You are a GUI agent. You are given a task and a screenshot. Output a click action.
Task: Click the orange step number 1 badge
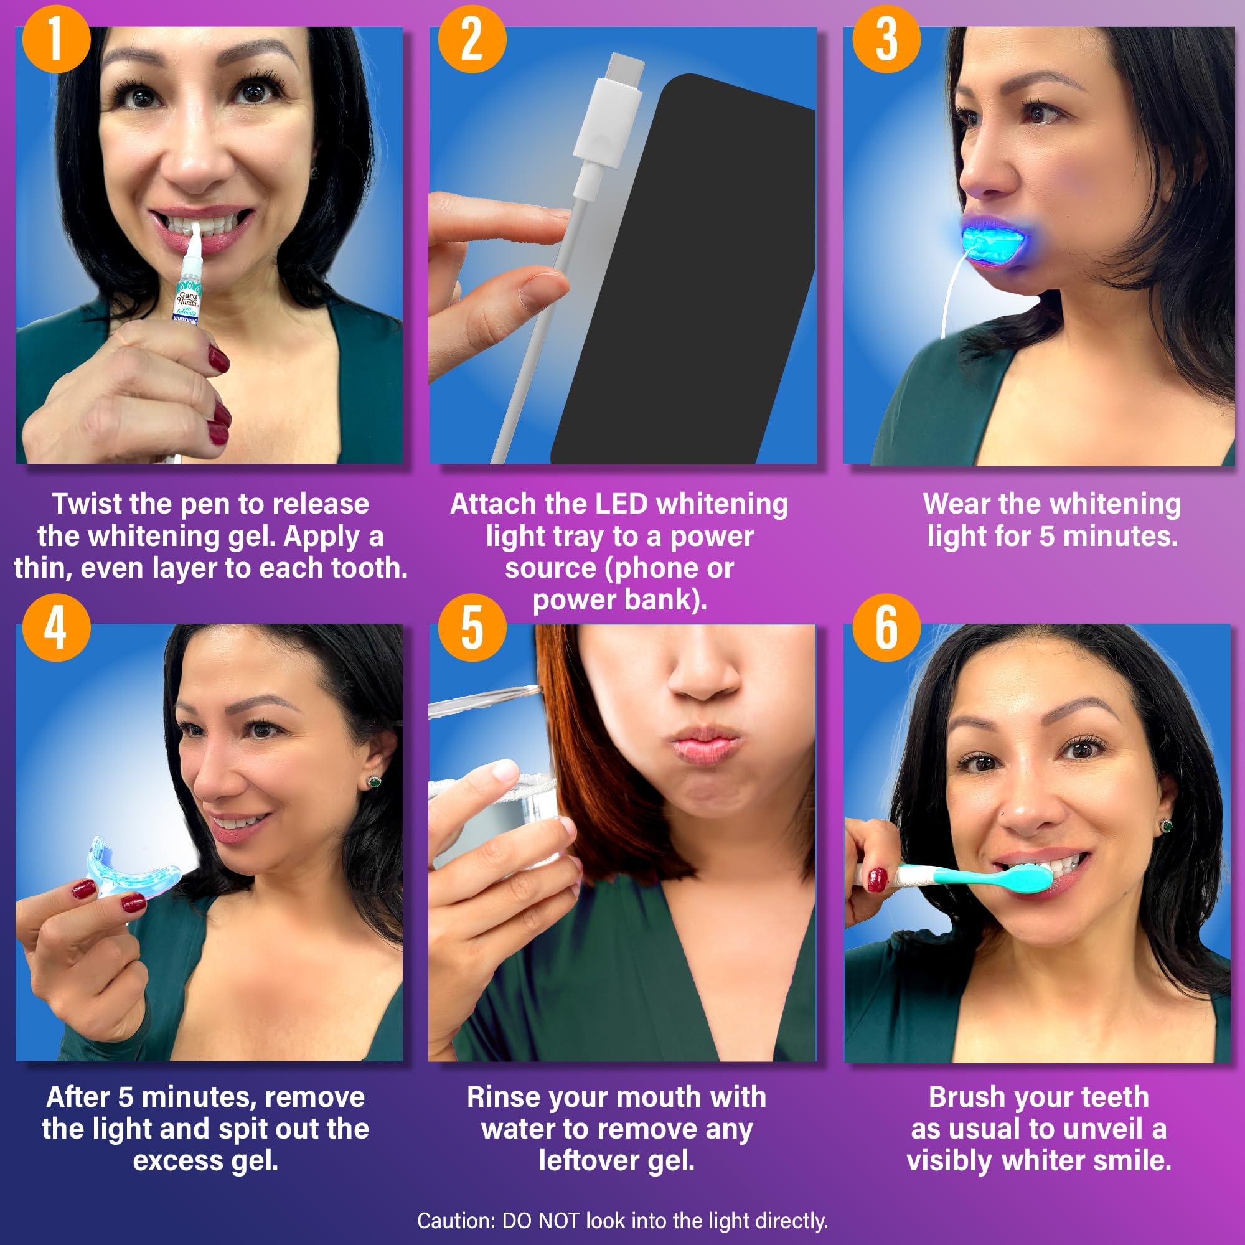pyautogui.click(x=56, y=39)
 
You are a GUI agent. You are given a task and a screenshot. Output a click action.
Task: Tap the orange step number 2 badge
pyautogui.click(x=472, y=39)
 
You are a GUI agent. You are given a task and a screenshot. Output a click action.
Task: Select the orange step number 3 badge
pyautogui.click(x=886, y=39)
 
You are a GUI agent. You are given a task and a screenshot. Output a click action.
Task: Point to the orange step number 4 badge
pyautogui.click(x=56, y=627)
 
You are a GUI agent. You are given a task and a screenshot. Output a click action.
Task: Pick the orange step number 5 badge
pyautogui.click(x=472, y=627)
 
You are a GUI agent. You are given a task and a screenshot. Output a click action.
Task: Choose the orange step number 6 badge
pyautogui.click(x=886, y=627)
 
